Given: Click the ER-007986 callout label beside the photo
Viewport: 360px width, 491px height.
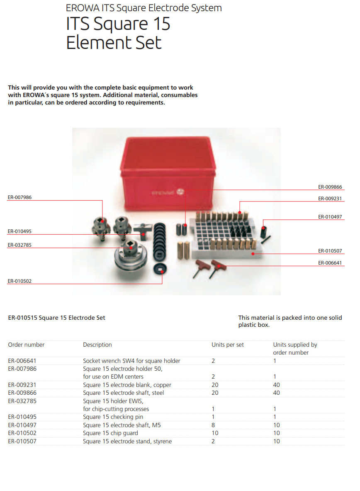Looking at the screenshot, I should pos(19,197).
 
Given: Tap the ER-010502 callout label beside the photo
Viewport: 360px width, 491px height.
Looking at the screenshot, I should pos(19,281).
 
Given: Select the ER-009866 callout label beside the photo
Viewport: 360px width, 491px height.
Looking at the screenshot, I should pos(330,187).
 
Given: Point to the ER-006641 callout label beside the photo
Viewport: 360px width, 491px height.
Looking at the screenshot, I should pos(330,263).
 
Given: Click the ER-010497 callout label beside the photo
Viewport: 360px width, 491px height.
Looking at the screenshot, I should pos(330,217).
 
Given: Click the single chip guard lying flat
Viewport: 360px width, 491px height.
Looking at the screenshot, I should pos(160,269).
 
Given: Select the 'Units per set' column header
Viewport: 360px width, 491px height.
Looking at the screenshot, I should pos(228,345).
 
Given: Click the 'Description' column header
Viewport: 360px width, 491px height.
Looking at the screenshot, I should pos(97,345).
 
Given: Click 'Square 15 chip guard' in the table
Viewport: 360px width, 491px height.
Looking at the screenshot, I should pos(110,433).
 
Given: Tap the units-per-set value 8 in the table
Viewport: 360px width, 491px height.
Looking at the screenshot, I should pos(213,425).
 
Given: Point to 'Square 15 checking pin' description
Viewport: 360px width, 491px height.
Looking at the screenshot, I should pos(113,417).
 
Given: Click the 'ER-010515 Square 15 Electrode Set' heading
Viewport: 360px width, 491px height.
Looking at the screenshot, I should pos(57,318).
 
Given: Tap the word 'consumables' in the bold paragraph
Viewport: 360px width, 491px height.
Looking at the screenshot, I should pos(179,95).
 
